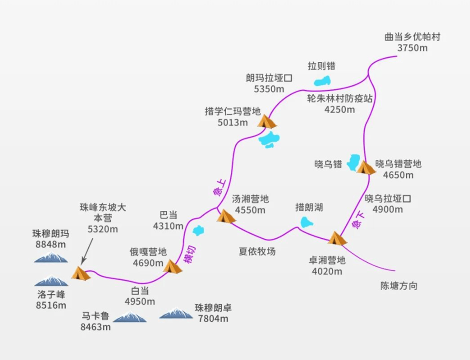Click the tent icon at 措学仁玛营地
coord(266,121)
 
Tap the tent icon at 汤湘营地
coord(225,216)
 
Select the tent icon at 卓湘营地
coord(337,238)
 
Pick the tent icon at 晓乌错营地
coord(366,167)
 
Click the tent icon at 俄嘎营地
coord(173,266)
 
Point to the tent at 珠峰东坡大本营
coord(80,273)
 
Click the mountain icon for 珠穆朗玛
coord(50,257)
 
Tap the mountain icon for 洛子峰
coord(50,280)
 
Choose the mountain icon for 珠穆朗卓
coord(175,313)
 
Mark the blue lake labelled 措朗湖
coord(306,222)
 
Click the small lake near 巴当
coord(198,230)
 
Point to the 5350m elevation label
coord(269,89)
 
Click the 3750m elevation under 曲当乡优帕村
coord(412,48)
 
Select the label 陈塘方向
coord(398,286)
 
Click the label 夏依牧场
coord(257,251)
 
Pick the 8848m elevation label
coord(49,244)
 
